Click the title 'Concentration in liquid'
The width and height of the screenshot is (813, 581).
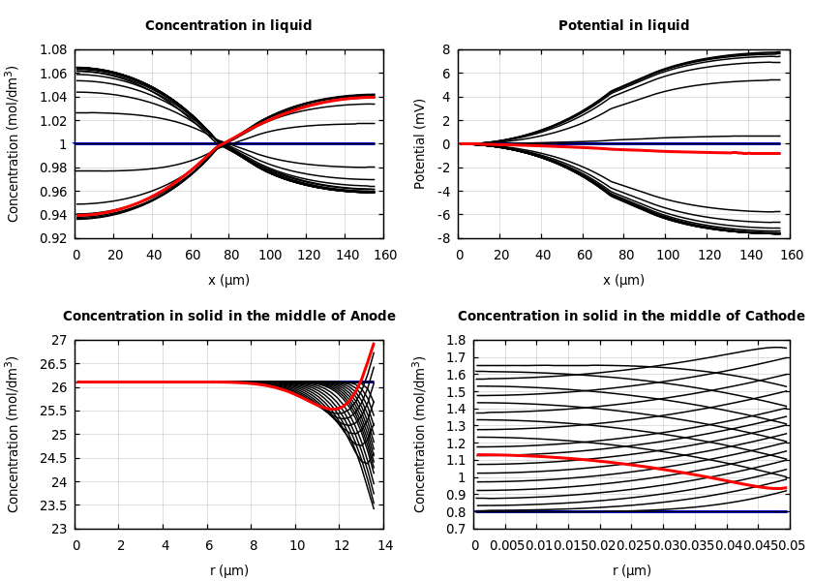[228, 26]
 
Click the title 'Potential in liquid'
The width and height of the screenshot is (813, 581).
[623, 26]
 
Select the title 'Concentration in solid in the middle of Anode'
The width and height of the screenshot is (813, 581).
[229, 317]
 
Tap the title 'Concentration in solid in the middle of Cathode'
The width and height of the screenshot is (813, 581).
[631, 317]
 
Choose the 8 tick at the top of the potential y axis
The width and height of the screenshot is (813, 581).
[447, 49]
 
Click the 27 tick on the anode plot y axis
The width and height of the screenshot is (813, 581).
[60, 340]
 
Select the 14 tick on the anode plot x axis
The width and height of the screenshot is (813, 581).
[385, 546]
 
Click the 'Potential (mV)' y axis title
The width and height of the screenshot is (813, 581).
[420, 143]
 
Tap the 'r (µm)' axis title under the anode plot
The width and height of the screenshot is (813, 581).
[229, 570]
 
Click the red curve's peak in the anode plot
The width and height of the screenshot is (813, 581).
[373, 344]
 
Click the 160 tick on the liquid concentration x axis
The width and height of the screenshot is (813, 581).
[385, 256]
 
